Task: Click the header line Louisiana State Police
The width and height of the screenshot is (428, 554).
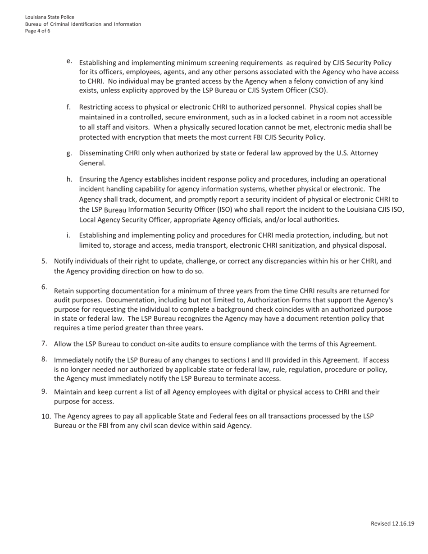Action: pyautogui.click(x=50, y=17)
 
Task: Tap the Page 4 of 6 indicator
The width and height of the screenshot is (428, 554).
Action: pyautogui.click(x=37, y=31)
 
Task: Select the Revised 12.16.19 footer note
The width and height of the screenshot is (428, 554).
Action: pyautogui.click(x=392, y=523)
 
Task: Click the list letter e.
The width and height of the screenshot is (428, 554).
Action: pyautogui.click(x=69, y=61)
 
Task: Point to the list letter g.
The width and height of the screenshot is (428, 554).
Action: pyautogui.click(x=69, y=153)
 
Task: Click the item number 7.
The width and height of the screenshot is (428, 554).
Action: pyautogui.click(x=44, y=344)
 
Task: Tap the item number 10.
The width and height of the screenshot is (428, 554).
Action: pyautogui.click(x=46, y=416)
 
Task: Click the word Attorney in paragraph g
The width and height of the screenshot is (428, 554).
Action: pyautogui.click(x=364, y=153)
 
